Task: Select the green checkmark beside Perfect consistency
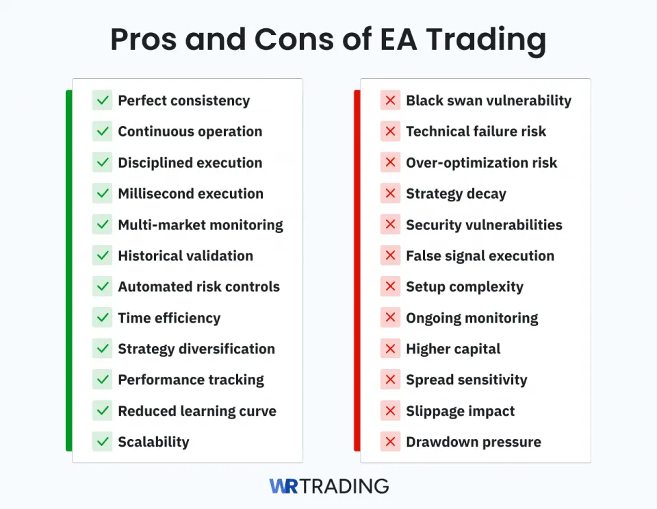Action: pyautogui.click(x=103, y=101)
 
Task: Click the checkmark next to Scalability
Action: pyautogui.click(x=103, y=442)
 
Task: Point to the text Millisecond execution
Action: pyautogui.click(x=190, y=194)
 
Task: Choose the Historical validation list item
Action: pyautogui.click(x=185, y=256)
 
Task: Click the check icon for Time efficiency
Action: pyautogui.click(x=103, y=318)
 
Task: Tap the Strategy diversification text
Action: pyautogui.click(x=196, y=349)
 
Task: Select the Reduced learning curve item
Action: pyautogui.click(x=197, y=411)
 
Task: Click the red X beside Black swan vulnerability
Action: pyautogui.click(x=391, y=101)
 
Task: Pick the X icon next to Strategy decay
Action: pyautogui.click(x=391, y=194)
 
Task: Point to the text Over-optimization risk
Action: pyautogui.click(x=481, y=163)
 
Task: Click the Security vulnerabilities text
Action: pyautogui.click(x=484, y=225)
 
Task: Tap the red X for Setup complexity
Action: pyautogui.click(x=391, y=287)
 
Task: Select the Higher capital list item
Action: pyautogui.click(x=453, y=349)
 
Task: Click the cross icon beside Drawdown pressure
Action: pyautogui.click(x=391, y=442)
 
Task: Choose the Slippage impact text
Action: pyautogui.click(x=460, y=411)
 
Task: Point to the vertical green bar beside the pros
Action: pyautogui.click(x=68, y=271)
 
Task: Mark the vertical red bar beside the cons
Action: pyautogui.click(x=357, y=271)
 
